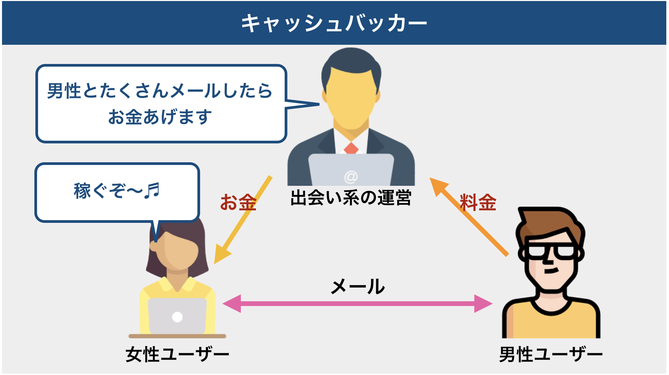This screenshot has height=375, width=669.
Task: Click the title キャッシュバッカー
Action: [x=334, y=24]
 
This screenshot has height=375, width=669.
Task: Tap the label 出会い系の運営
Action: [x=351, y=198]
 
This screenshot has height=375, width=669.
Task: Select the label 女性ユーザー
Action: [x=177, y=354]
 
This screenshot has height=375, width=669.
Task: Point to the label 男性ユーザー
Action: [x=551, y=354]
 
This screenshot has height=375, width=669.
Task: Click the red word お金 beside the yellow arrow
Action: [x=238, y=202]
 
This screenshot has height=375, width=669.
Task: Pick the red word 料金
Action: [x=478, y=202]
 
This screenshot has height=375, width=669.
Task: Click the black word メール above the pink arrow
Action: [x=358, y=287]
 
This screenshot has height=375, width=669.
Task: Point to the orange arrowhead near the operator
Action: [x=438, y=186]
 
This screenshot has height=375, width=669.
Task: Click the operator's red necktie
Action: [x=351, y=148]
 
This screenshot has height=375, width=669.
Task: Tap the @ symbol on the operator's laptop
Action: [x=351, y=177]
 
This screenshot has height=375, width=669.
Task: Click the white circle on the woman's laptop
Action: [x=177, y=317]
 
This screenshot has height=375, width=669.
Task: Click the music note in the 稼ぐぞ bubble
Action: [x=152, y=191]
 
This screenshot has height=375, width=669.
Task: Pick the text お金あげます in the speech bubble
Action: [x=160, y=117]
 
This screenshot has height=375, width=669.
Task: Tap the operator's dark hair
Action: [x=351, y=61]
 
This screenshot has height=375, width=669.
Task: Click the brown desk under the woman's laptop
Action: [x=177, y=336]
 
